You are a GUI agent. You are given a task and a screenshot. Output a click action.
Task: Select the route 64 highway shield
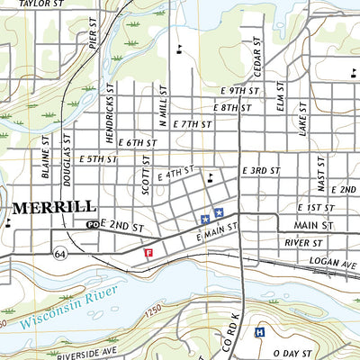pos(60,244)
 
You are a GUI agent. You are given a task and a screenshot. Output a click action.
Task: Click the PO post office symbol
pos(91,224)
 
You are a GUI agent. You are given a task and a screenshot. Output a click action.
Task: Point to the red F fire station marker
pos(148,254)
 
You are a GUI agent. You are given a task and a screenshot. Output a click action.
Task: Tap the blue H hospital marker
pos(260,332)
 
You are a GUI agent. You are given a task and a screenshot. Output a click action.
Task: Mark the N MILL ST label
pos(165,104)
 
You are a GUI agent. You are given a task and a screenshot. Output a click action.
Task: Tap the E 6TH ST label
pos(136,142)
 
